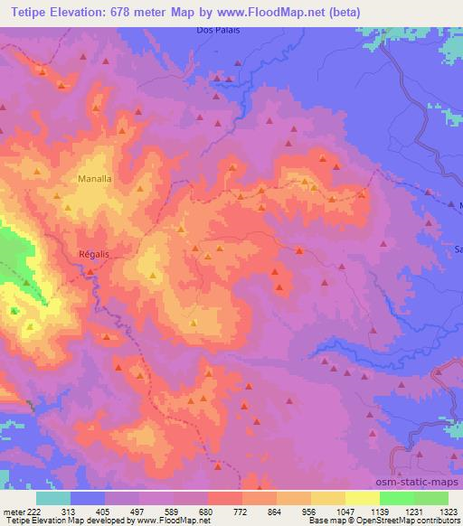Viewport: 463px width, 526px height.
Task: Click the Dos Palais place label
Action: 215,30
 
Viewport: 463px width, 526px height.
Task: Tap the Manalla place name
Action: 95,179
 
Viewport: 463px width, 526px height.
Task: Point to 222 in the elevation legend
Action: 33,511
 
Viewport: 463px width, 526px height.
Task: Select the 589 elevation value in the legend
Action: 174,511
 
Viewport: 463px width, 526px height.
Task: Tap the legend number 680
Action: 208,511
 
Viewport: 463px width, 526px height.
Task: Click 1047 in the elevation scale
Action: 345,511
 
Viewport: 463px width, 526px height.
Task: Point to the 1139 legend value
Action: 380,511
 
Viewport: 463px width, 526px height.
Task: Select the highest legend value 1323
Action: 448,511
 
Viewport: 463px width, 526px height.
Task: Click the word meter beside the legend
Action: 13,511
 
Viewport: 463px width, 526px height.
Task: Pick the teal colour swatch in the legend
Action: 53,498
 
